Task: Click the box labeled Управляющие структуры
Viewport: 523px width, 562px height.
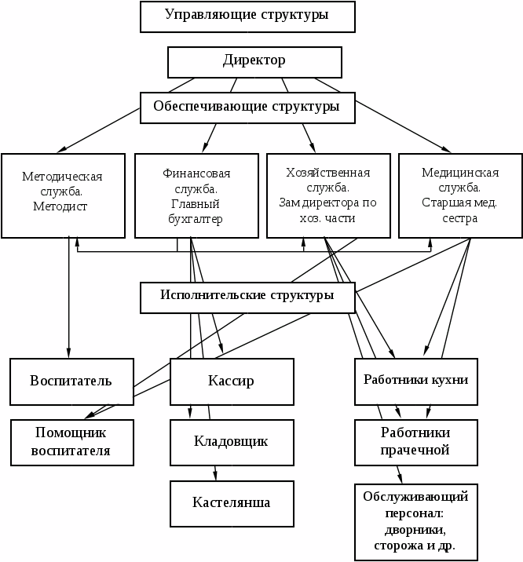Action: tap(247, 16)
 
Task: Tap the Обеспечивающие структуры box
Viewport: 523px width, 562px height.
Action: tap(247, 108)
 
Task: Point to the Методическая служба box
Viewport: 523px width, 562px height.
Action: tap(63, 195)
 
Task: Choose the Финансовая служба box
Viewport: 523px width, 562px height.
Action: tap(196, 195)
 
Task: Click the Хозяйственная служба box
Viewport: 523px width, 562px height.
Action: tap(328, 195)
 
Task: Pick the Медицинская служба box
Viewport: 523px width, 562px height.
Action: tap(460, 195)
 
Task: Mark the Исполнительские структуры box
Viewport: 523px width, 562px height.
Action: tap(247, 297)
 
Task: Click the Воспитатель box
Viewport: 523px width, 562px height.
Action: tap(71, 381)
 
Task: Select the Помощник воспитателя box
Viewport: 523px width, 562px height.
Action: tap(71, 442)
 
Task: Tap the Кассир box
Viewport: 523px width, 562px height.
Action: tap(231, 381)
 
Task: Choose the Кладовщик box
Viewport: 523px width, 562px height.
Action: tap(231, 441)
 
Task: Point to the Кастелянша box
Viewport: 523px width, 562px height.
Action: tap(231, 502)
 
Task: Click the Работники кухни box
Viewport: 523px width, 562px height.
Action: tap(415, 381)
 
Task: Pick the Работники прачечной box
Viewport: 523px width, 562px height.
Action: tap(415, 442)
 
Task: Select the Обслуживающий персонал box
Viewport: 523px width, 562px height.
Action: tap(415, 521)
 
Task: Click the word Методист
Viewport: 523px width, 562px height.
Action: tap(60, 206)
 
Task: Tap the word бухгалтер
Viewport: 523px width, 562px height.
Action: tap(196, 219)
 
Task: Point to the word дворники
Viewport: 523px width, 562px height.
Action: tap(415, 530)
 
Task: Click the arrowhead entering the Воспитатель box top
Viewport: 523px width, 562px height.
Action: tap(68, 355)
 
